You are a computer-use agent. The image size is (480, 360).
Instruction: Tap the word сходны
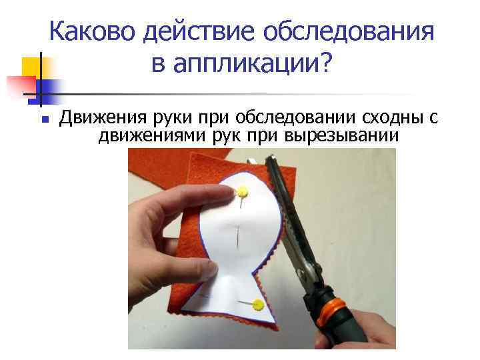(394, 119)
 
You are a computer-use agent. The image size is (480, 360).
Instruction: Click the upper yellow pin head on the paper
(243, 193)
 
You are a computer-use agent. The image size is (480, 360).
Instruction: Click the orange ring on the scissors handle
(332, 313)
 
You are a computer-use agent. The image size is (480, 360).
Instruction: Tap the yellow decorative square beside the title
(31, 69)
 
